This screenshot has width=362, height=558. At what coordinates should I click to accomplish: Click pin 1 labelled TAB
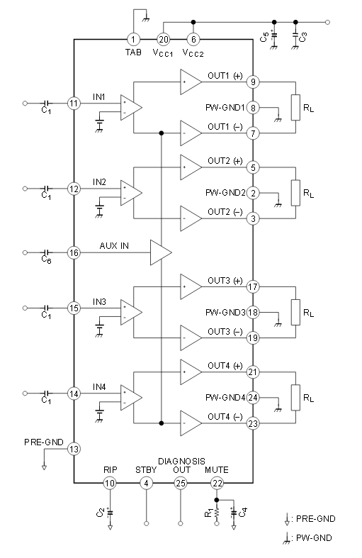(133, 39)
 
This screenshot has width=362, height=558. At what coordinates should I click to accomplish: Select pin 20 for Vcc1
(164, 39)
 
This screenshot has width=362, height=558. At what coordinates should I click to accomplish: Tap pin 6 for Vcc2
(193, 39)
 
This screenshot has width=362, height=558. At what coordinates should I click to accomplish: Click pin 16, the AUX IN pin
(74, 252)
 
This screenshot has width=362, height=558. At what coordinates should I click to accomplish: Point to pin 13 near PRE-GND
(74, 449)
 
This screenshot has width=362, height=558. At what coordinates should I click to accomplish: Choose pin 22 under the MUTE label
(217, 483)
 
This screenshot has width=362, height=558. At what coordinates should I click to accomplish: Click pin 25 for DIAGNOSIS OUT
(181, 483)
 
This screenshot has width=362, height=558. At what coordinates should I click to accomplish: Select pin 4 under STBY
(146, 483)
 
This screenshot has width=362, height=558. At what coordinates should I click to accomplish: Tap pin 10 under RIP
(110, 483)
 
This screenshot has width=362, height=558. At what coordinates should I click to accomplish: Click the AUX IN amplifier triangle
(161, 252)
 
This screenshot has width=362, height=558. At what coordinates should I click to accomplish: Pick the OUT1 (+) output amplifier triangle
(191, 82)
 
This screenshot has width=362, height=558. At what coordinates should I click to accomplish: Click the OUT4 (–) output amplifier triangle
(191, 423)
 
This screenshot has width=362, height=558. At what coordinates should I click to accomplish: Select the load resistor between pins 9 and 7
(295, 108)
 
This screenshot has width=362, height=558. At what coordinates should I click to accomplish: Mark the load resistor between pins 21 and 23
(295, 398)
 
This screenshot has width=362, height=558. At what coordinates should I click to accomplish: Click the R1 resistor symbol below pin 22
(217, 513)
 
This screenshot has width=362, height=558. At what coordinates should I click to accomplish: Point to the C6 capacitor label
(46, 260)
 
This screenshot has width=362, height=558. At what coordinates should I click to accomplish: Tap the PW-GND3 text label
(225, 313)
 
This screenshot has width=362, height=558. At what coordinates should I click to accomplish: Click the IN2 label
(99, 182)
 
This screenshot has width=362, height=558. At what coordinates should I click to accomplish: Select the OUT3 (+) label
(225, 281)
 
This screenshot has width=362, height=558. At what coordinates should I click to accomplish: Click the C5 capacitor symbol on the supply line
(274, 36)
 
